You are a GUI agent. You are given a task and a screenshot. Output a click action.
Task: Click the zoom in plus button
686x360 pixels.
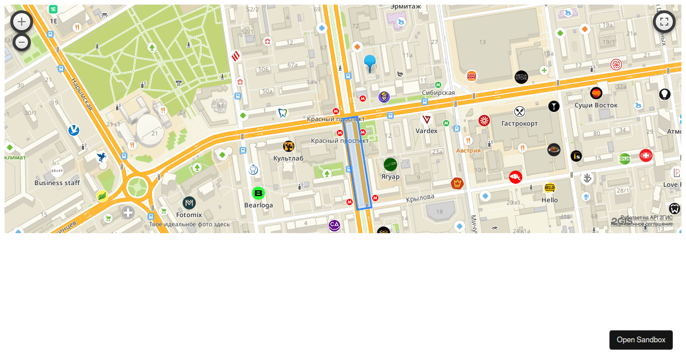coord(22,22)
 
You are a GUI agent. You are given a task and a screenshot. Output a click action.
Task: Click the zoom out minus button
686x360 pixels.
coord(22,42)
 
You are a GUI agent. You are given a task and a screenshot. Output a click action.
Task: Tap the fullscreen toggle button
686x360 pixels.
coord(664,22)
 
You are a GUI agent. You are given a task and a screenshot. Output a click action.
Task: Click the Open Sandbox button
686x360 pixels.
coord(641,339)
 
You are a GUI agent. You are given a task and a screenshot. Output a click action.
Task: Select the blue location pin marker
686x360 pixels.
coord(370,62)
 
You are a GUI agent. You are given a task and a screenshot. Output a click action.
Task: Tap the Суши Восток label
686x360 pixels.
coord(596,105)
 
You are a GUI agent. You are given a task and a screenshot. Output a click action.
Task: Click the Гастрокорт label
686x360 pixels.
coord(519,123)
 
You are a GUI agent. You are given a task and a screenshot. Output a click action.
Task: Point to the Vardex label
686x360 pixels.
coord(426,131)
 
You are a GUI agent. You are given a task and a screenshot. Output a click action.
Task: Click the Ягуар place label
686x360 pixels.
coord(390,177)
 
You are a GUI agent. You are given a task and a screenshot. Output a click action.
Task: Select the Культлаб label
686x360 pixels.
coord(288,158)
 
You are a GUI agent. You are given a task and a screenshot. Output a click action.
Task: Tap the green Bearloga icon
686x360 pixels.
coord(258,193)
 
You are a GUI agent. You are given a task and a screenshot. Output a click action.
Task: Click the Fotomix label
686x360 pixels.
coord(189,215)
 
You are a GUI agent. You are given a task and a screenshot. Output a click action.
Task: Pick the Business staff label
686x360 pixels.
coord(57,183)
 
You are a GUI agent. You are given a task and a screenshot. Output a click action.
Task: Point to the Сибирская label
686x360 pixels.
coord(438,93)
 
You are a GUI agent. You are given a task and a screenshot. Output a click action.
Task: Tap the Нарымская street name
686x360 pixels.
coord(82,95)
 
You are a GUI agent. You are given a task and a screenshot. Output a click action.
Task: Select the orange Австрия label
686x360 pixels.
coord(468,150)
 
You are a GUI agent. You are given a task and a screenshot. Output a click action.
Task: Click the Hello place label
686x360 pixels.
coord(549,200)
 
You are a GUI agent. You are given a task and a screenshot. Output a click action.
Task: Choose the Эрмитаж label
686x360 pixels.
coord(405,6)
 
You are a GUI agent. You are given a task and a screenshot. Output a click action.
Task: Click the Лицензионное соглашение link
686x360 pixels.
coord(641,224)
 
